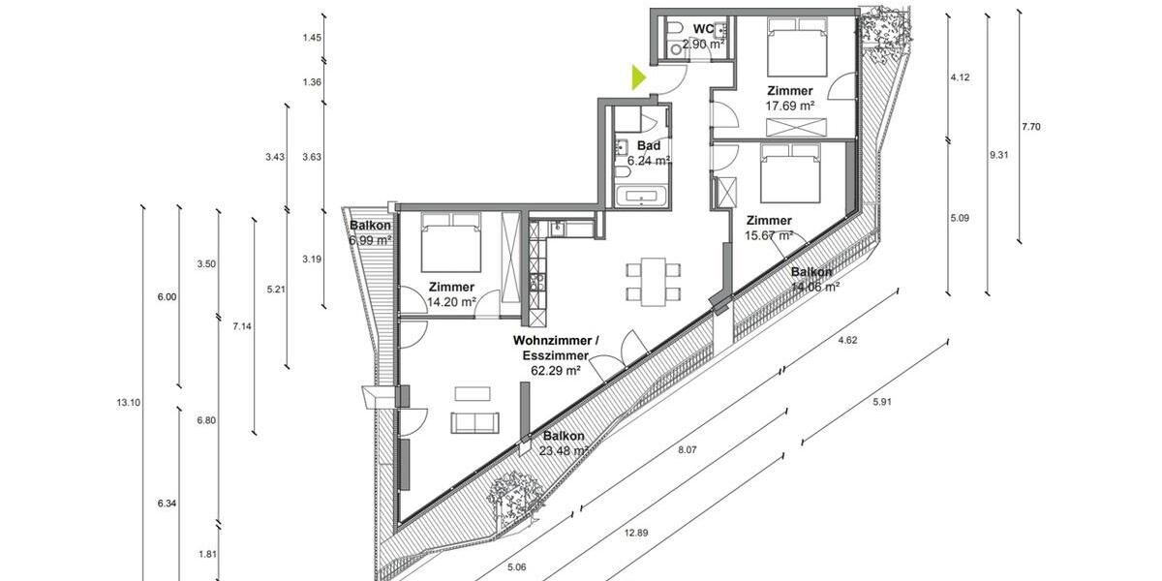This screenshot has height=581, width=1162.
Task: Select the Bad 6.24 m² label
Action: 648,154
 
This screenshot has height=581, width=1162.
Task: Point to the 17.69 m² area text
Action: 790,107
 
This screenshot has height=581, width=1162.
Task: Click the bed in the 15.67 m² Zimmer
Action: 789,174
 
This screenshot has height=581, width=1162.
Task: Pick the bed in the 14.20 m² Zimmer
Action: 451,246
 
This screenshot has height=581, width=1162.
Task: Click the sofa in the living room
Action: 474,422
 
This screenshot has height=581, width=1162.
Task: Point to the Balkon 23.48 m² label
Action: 564,443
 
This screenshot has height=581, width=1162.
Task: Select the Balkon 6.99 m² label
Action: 370,233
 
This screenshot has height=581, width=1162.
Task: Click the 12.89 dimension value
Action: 637,531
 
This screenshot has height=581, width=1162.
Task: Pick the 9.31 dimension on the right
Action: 996,154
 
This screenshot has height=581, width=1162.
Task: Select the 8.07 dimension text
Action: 687,450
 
